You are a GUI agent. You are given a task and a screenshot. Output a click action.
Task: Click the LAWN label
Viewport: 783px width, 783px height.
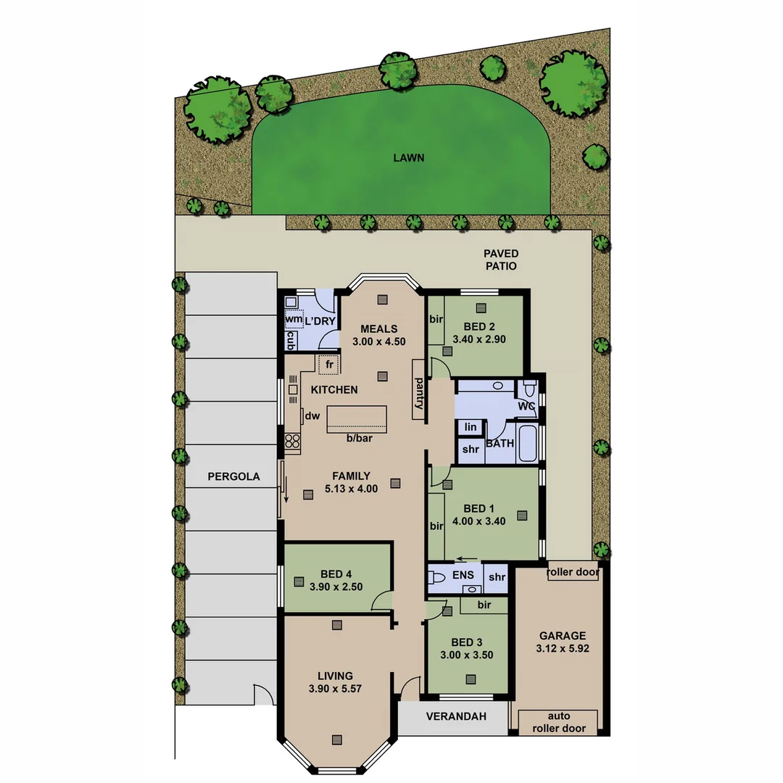coord(408,157)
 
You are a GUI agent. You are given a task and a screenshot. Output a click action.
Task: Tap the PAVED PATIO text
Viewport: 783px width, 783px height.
coord(501,260)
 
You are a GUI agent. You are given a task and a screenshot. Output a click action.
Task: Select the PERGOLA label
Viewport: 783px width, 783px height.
coord(233,476)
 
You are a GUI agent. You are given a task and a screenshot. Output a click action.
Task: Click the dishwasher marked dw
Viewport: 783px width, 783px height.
coord(312,416)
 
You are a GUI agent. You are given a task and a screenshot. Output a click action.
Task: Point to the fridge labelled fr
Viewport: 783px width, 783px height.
coord(328,365)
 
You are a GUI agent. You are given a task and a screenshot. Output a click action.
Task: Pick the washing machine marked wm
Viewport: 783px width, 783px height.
coord(293,319)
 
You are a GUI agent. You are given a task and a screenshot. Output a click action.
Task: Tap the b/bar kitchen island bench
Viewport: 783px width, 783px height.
coord(357,419)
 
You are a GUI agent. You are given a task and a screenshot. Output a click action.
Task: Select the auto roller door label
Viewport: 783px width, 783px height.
coord(560,722)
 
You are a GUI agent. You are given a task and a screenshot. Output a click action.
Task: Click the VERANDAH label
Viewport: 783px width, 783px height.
coord(455,716)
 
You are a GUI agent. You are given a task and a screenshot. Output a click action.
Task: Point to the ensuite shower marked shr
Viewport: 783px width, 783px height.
coord(497,577)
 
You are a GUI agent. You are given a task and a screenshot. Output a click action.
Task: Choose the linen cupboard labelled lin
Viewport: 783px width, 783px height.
coord(471,428)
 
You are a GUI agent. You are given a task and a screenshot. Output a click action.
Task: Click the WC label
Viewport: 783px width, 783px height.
coord(526,406)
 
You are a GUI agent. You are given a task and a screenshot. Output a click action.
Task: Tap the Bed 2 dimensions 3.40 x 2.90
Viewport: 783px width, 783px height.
coord(478,339)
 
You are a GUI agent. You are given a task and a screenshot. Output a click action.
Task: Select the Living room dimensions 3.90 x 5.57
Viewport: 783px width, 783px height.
coord(335,689)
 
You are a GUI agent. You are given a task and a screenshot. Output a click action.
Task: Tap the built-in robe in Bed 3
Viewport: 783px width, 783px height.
coord(484,605)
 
